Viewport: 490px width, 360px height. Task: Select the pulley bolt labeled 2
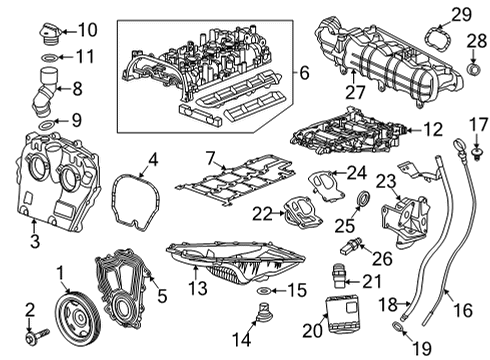point(34,329)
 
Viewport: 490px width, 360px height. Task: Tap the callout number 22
point(261,213)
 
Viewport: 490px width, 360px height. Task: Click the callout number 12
point(431,130)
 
